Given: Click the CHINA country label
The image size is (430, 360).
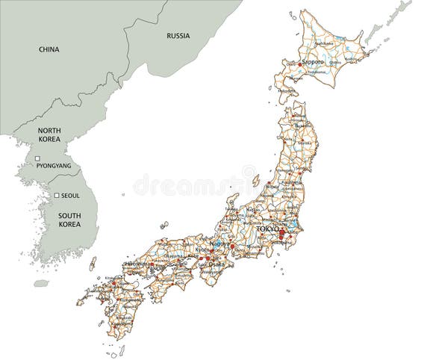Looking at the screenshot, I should click(x=49, y=49).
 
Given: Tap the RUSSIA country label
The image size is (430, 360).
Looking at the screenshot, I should click(x=178, y=35).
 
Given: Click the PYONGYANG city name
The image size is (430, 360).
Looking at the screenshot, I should click(x=54, y=165).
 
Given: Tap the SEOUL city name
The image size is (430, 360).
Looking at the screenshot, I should click(x=70, y=196).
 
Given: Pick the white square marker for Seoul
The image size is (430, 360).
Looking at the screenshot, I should click(x=56, y=196).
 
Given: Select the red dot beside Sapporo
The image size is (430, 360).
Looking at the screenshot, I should click(x=301, y=64).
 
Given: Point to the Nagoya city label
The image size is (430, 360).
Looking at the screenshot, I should click(x=221, y=243).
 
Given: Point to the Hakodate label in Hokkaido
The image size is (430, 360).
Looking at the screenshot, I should click(x=287, y=91).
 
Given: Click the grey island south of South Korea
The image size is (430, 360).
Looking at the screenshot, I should click(x=42, y=283).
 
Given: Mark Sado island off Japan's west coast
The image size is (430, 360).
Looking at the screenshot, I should click(x=255, y=181).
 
